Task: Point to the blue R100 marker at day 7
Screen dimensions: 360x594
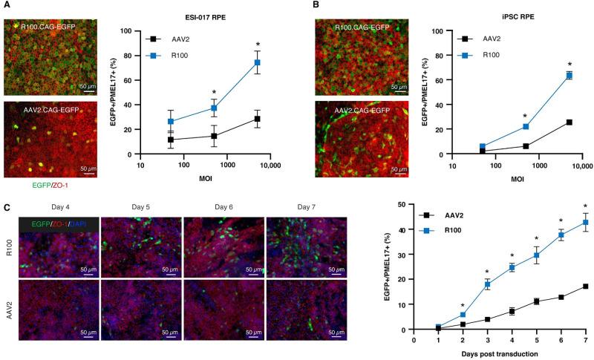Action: pyautogui.click(x=586, y=222)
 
